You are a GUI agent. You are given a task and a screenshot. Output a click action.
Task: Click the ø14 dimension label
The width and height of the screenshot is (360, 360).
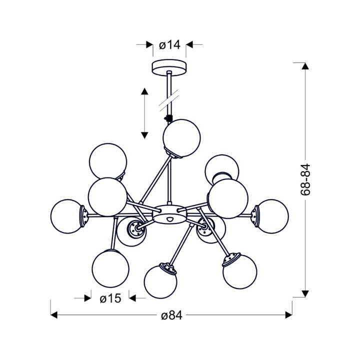tap(169, 45)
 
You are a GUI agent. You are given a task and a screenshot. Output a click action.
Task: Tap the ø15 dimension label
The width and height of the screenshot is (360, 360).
tap(110, 298)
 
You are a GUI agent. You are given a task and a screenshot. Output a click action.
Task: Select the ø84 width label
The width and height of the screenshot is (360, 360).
tap(171, 315)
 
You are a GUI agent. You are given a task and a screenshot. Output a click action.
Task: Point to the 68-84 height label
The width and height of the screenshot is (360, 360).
tap(305, 179)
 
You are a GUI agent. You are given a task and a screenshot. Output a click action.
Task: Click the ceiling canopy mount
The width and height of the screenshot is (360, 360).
tap(169, 67)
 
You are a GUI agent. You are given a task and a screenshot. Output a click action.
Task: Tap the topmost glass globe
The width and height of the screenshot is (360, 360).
tap(181, 138)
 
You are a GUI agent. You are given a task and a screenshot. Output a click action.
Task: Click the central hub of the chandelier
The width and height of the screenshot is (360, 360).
tap(169, 214)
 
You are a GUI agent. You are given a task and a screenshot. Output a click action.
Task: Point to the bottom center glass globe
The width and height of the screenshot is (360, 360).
tap(160, 281)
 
